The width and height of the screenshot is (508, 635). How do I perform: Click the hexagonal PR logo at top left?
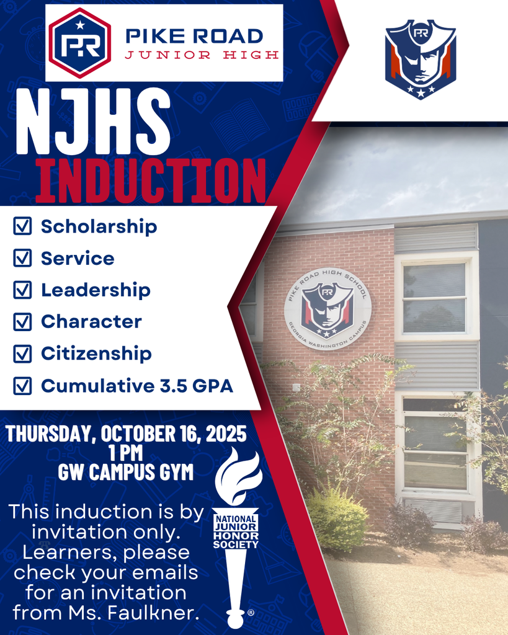pos(79,43)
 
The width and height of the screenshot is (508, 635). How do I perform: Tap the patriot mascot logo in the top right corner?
pos(421,60)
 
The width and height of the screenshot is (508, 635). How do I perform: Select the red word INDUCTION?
pos(151,181)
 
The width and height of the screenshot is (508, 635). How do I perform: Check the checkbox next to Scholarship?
pos(22,227)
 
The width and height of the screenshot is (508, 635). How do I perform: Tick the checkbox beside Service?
pos(22,259)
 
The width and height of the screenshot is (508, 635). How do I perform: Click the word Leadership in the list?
pos(96,290)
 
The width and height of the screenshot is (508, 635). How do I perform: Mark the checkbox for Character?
pos(22,322)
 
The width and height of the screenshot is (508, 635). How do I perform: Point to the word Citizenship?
pos(96,353)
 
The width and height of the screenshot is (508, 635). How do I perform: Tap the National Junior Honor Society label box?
pos(236,531)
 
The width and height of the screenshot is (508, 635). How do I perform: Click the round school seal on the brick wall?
pos(328,309)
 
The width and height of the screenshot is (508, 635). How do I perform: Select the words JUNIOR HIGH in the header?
pos(202,55)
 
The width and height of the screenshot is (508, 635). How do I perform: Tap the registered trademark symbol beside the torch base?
pos(251,613)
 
